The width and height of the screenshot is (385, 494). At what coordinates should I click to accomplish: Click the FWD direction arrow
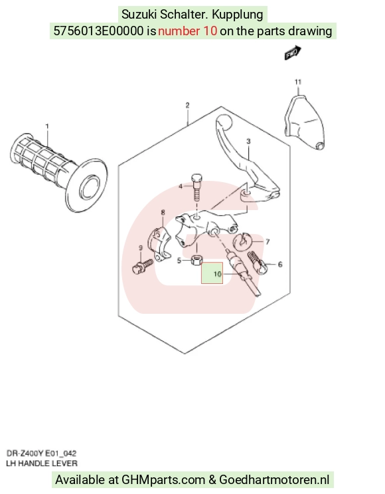point(293,53)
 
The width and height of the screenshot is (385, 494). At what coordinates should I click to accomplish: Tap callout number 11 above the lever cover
point(298,82)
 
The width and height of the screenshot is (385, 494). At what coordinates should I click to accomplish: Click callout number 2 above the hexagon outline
point(187,105)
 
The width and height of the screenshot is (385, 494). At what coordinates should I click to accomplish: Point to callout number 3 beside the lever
point(248,141)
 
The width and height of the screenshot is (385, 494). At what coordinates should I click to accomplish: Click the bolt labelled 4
point(196,187)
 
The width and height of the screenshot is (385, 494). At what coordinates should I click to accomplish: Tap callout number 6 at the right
point(280,265)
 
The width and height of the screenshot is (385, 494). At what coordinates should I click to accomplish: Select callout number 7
point(268,241)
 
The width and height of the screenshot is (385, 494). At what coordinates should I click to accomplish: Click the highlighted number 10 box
point(212,273)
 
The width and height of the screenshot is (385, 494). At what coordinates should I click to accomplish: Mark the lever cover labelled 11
point(305,123)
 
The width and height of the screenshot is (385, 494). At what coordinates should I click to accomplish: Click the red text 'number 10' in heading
point(187,31)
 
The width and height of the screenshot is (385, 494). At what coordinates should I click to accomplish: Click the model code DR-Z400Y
point(25,453)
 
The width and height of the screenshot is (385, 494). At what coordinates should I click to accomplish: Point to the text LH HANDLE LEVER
point(42,463)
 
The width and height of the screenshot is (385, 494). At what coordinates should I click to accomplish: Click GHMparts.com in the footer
point(163,480)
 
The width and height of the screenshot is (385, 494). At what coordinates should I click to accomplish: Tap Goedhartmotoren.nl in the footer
point(274,480)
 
